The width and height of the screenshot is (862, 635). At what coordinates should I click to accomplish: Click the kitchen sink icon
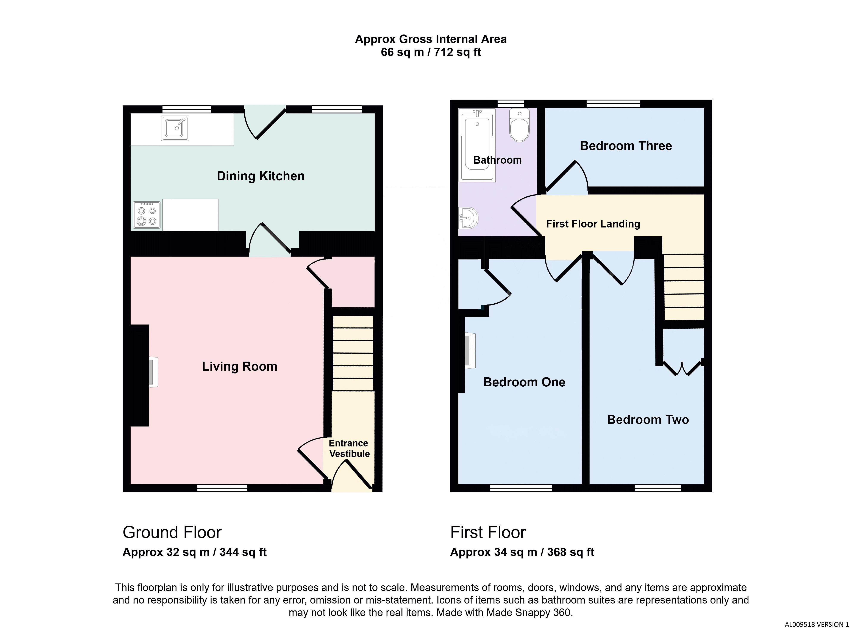tap(175, 128)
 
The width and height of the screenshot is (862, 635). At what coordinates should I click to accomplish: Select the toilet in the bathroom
tap(519, 125)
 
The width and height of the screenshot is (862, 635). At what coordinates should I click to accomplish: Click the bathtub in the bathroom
tap(478, 145)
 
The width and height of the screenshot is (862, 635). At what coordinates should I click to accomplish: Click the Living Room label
tap(240, 366)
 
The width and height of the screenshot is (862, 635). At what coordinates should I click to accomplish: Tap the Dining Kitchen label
tap(261, 176)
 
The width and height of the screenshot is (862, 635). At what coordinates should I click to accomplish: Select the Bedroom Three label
tap(626, 146)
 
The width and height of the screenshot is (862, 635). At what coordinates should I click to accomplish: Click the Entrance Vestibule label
tap(349, 448)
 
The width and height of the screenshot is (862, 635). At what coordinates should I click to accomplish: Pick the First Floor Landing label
tap(593, 224)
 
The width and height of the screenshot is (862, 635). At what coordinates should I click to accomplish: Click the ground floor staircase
tap(353, 353)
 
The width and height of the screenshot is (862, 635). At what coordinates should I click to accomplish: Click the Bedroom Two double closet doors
tap(683, 368)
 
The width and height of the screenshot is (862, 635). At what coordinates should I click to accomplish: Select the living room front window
tap(222, 488)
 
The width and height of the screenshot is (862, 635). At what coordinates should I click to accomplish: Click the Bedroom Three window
tap(613, 103)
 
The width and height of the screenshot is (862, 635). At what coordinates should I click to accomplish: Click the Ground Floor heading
tap(172, 532)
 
